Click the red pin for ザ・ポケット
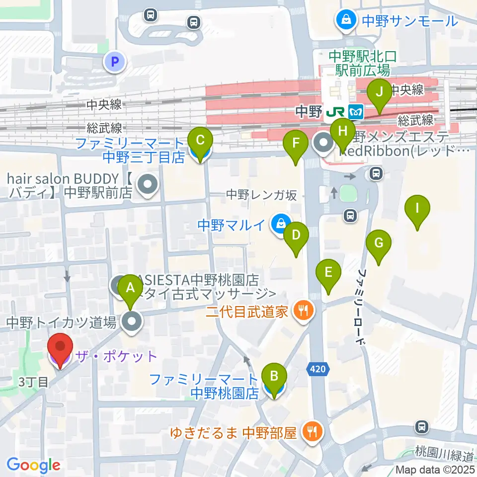click(x=60, y=350)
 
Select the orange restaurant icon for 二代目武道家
click(x=304, y=312)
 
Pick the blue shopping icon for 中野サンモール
click(x=344, y=20)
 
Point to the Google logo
click(x=33, y=465)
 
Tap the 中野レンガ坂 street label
click(x=261, y=195)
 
